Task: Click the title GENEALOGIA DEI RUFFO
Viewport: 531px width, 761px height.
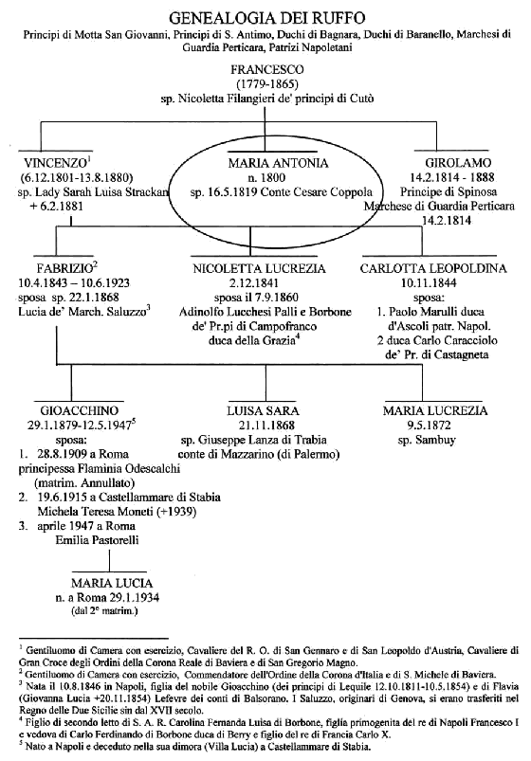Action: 266,18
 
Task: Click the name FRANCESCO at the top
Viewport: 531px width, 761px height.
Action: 267,69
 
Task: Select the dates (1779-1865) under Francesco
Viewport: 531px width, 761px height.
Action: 265,83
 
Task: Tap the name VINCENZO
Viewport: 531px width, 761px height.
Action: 56,163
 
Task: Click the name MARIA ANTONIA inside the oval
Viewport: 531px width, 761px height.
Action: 279,163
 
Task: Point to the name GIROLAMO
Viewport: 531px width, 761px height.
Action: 458,163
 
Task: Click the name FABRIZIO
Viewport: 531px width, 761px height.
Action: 64,268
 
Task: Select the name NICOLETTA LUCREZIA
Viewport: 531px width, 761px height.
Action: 259,269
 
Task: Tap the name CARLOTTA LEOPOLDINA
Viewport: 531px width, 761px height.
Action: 433,269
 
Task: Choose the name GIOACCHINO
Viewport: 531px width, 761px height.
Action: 80,410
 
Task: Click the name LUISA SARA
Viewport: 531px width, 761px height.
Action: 263,410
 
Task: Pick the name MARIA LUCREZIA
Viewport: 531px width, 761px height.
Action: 435,410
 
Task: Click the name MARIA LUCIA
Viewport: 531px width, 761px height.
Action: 112,584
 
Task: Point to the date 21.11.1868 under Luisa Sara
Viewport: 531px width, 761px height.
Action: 266,426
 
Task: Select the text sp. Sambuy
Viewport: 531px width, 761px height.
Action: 427,441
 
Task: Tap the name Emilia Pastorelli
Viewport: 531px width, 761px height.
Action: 97,539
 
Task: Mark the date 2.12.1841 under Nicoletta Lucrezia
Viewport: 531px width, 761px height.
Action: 259,283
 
